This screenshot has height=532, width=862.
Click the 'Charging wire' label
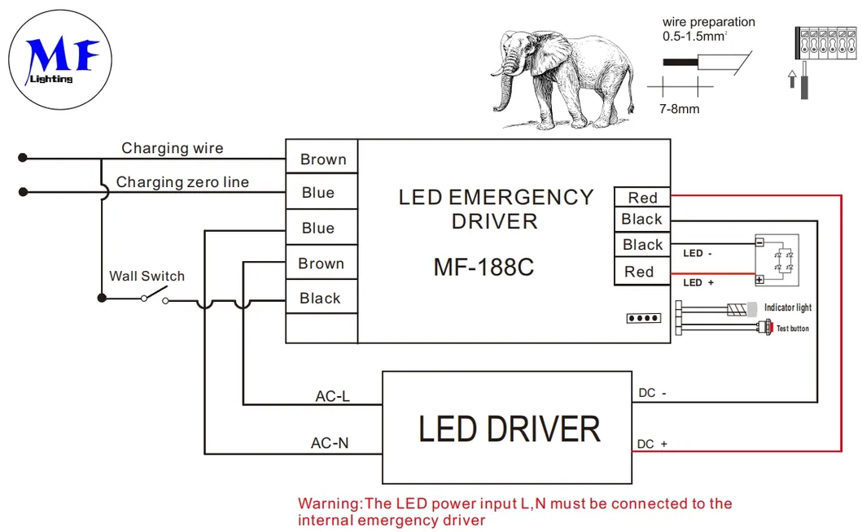(x=172, y=148)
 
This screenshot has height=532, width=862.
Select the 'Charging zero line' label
(x=182, y=182)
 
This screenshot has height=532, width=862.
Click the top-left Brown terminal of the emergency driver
(x=322, y=159)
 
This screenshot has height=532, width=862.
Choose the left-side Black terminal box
(x=321, y=299)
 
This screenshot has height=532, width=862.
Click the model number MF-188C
(x=484, y=267)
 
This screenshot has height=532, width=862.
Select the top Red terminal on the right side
(x=641, y=198)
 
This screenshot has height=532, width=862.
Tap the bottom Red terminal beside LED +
(x=639, y=272)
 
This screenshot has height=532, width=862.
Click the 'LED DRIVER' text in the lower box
(x=509, y=430)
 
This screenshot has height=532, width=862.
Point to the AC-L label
(x=332, y=397)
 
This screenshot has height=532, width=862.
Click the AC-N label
(x=330, y=443)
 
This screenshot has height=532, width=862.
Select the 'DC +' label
(x=653, y=444)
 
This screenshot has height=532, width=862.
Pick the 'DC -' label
(x=653, y=394)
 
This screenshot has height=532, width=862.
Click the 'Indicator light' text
(x=787, y=307)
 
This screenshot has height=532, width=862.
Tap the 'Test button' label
(x=792, y=329)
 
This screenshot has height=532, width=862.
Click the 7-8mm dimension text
(x=679, y=108)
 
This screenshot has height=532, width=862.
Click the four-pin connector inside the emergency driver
(x=643, y=318)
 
